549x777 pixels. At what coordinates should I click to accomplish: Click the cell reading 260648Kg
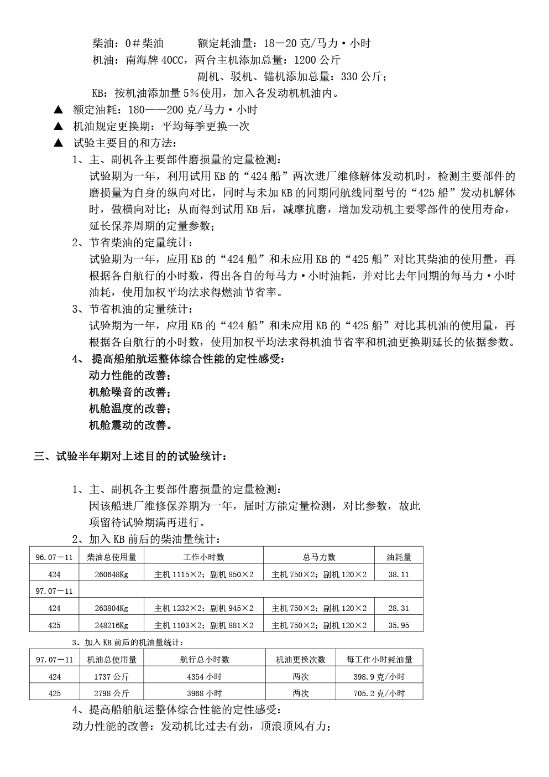pyautogui.click(x=111, y=574)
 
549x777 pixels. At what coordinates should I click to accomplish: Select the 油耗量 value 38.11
pyautogui.click(x=398, y=574)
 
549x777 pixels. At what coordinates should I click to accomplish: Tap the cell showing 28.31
pyautogui.click(x=398, y=608)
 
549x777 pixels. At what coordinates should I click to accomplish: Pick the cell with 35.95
pyautogui.click(x=398, y=625)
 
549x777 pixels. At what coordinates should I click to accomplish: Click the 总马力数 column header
pyautogui.click(x=319, y=557)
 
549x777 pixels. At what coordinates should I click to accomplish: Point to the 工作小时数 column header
pyautogui.click(x=203, y=557)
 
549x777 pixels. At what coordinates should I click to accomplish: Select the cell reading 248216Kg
pyautogui.click(x=111, y=625)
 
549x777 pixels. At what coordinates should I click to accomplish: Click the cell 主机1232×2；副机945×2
pyautogui.click(x=203, y=608)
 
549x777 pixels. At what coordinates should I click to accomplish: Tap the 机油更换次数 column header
pyautogui.click(x=301, y=659)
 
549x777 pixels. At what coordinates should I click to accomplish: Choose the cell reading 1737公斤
pyautogui.click(x=111, y=676)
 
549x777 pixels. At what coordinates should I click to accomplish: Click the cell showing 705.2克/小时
pyautogui.click(x=379, y=693)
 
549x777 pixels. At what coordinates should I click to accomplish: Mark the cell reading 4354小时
pyautogui.click(x=205, y=676)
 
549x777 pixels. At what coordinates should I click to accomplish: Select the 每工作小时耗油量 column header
pyautogui.click(x=379, y=659)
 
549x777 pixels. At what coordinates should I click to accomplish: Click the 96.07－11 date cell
pyautogui.click(x=54, y=557)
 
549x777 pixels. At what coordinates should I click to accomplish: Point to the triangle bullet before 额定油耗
pyautogui.click(x=57, y=110)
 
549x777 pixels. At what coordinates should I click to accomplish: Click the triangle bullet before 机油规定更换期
pyautogui.click(x=57, y=126)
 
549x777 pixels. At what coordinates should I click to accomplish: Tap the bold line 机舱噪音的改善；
pyautogui.click(x=130, y=392)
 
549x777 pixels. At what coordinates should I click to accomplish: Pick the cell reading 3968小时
pyautogui.click(x=205, y=693)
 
